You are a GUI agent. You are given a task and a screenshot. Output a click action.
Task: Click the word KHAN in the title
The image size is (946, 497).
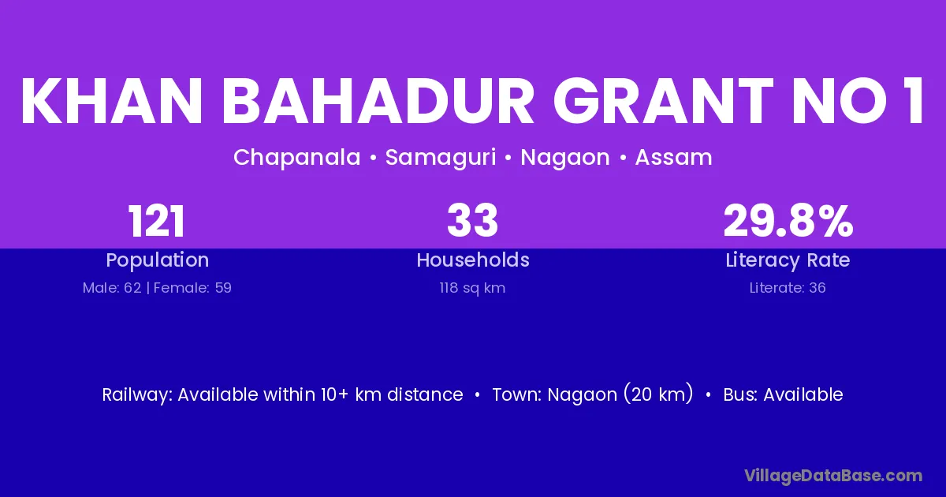tap(111, 101)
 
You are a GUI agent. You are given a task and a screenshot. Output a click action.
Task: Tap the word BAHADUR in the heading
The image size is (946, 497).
tap(378, 101)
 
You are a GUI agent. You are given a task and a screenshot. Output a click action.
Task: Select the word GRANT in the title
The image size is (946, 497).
tap(663, 101)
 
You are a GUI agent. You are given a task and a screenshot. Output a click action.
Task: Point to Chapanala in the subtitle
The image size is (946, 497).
tap(297, 158)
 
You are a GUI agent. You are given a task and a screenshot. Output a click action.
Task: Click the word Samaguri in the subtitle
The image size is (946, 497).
tap(441, 158)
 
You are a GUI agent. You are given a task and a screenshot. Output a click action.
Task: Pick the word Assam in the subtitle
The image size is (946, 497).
tap(673, 158)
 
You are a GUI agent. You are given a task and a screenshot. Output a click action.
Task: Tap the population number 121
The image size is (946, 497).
tap(156, 222)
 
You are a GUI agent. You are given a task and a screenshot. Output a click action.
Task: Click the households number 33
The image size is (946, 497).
tap(472, 221)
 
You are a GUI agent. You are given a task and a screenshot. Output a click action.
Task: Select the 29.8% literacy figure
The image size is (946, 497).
tap(788, 222)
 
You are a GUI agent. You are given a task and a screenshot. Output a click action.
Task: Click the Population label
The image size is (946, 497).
tap(158, 260)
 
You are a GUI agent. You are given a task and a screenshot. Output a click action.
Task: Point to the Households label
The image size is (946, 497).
tap(473, 260)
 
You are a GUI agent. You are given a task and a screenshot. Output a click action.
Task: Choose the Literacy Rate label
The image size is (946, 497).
tap(788, 260)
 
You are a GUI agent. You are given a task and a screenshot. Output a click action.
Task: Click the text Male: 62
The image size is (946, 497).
tap(112, 288)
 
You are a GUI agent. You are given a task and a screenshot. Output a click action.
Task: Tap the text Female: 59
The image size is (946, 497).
tap(192, 288)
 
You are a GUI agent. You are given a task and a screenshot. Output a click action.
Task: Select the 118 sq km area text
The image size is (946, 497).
tap(472, 288)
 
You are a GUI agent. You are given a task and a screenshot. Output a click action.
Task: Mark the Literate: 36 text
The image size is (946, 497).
tap(788, 288)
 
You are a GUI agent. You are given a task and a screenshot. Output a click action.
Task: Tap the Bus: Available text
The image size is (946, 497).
tap(784, 394)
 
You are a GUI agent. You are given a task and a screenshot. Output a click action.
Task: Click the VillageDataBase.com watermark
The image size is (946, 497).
tap(834, 476)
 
